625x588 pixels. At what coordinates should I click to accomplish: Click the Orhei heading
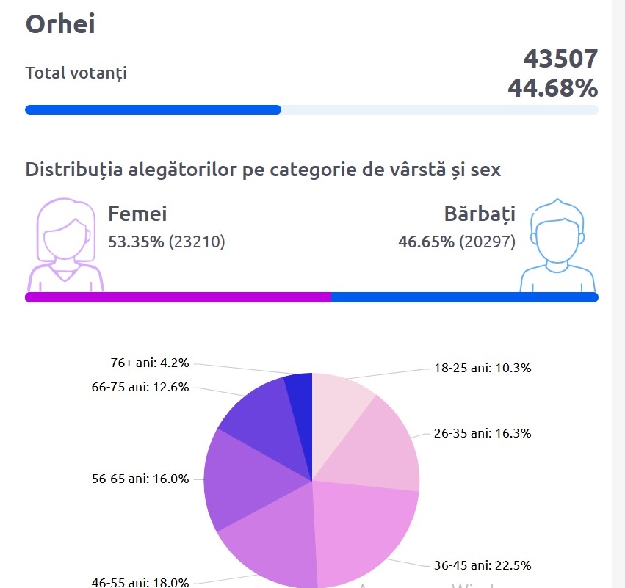point(60,24)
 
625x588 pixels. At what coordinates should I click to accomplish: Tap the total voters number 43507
point(560,59)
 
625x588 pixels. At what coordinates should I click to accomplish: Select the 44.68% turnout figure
point(552,88)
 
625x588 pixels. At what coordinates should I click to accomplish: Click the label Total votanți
point(76,73)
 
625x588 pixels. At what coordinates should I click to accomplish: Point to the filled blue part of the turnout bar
point(153,110)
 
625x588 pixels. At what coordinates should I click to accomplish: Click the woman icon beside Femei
point(65,244)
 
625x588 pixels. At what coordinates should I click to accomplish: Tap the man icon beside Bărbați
point(558,246)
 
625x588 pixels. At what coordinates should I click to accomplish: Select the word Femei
point(137,214)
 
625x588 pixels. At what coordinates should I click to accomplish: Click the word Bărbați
point(479,214)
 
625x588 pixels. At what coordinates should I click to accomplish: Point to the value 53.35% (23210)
point(166,242)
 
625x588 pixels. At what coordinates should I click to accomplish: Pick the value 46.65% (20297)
point(456,242)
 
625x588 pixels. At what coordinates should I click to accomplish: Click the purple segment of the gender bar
point(178,297)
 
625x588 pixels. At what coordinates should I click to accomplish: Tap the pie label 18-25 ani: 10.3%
point(482,369)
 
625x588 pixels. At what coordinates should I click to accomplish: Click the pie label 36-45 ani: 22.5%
point(482,565)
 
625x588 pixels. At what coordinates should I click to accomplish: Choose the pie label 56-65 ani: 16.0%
point(140,479)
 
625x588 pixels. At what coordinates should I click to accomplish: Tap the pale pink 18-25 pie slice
point(338,404)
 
